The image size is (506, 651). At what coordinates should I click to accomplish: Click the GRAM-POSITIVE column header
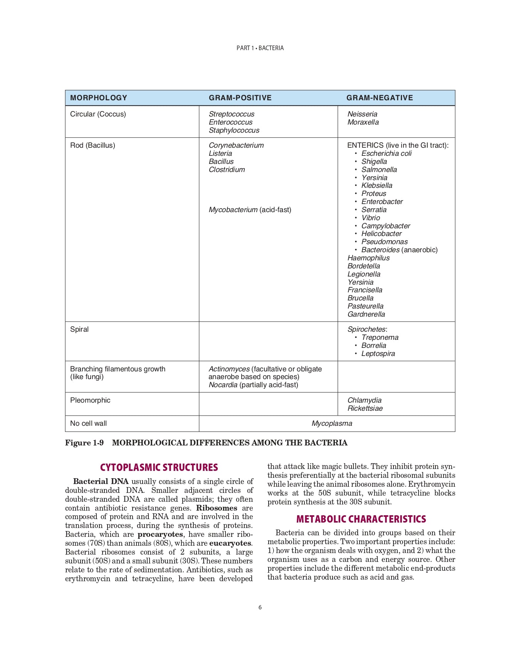pyautogui.click(x=240, y=98)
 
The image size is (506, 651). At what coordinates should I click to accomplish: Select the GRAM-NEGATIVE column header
pyautogui.click(x=380, y=98)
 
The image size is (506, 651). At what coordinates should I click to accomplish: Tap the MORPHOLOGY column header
pyautogui.click(x=99, y=98)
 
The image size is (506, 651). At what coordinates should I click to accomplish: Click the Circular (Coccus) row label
pyautogui.click(x=98, y=114)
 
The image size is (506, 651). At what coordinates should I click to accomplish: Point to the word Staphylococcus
pyautogui.click(x=234, y=130)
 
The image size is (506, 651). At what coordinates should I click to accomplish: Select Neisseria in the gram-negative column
pyautogui.click(x=362, y=114)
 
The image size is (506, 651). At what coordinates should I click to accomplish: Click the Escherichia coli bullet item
pyautogui.click(x=386, y=153)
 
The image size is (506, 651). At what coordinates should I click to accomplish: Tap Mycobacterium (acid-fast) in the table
pyautogui.click(x=250, y=210)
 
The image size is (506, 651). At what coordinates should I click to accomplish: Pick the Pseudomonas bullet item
pyautogui.click(x=384, y=242)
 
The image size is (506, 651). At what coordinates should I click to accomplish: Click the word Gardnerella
pyautogui.click(x=366, y=314)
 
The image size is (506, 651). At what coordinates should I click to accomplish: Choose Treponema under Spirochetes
pyautogui.click(x=380, y=337)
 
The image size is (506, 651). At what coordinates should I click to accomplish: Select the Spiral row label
pyautogui.click(x=79, y=329)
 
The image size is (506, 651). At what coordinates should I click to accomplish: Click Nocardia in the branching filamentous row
pyautogui.click(x=223, y=385)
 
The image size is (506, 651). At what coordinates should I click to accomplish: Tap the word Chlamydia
pyautogui.click(x=364, y=400)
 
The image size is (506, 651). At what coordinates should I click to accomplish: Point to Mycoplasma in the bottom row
pyautogui.click(x=332, y=423)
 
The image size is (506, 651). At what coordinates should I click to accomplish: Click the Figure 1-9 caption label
pyautogui.click(x=84, y=443)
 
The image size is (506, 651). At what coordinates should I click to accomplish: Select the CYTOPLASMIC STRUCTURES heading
pyautogui.click(x=159, y=467)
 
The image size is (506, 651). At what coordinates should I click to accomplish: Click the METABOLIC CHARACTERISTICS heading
pyautogui.click(x=361, y=519)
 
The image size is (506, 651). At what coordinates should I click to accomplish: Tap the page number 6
pyautogui.click(x=260, y=607)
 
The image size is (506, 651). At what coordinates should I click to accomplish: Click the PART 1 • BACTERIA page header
pyautogui.click(x=260, y=48)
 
